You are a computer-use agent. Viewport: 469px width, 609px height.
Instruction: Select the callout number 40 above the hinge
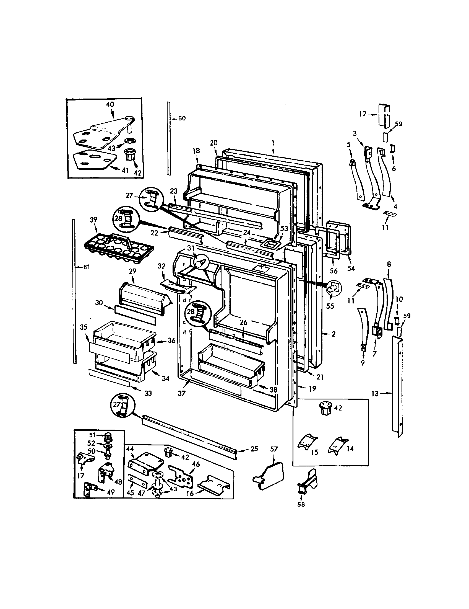110,105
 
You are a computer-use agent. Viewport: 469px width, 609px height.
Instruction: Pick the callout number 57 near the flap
274,449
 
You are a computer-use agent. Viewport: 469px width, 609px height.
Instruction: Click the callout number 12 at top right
363,114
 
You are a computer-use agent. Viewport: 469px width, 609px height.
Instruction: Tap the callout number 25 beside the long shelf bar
254,449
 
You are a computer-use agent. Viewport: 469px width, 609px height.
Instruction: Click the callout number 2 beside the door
333,334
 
